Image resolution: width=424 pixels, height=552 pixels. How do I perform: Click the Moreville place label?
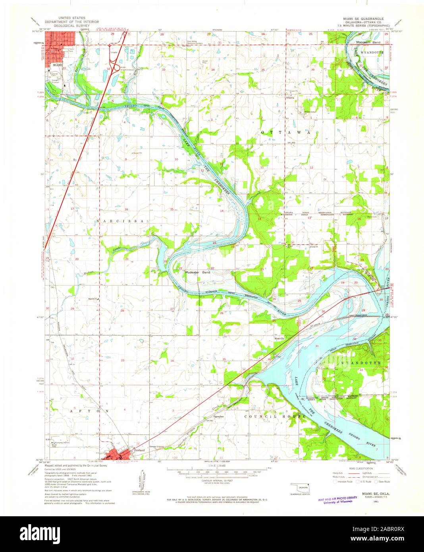280,338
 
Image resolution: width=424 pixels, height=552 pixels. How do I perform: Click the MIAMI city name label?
58,64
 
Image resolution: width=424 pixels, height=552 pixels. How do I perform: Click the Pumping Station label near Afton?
63,442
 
